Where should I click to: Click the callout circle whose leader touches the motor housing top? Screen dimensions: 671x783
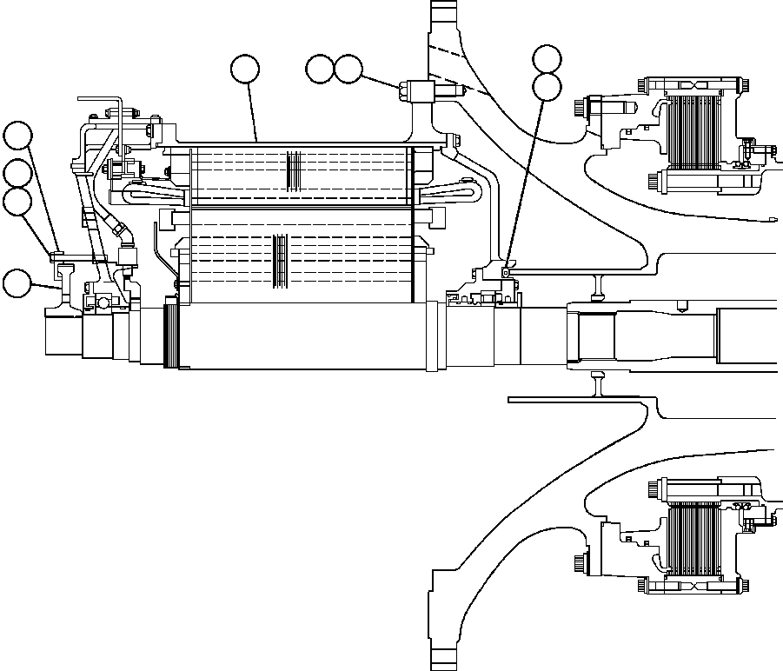(245, 69)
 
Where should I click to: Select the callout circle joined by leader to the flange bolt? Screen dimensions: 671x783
(348, 70)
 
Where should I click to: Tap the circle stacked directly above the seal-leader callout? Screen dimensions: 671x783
(547, 59)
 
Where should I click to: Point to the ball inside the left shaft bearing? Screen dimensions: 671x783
(103, 302)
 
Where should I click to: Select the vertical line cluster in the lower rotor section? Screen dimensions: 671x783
(278, 260)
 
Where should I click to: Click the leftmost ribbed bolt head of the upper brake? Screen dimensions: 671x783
(580, 108)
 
